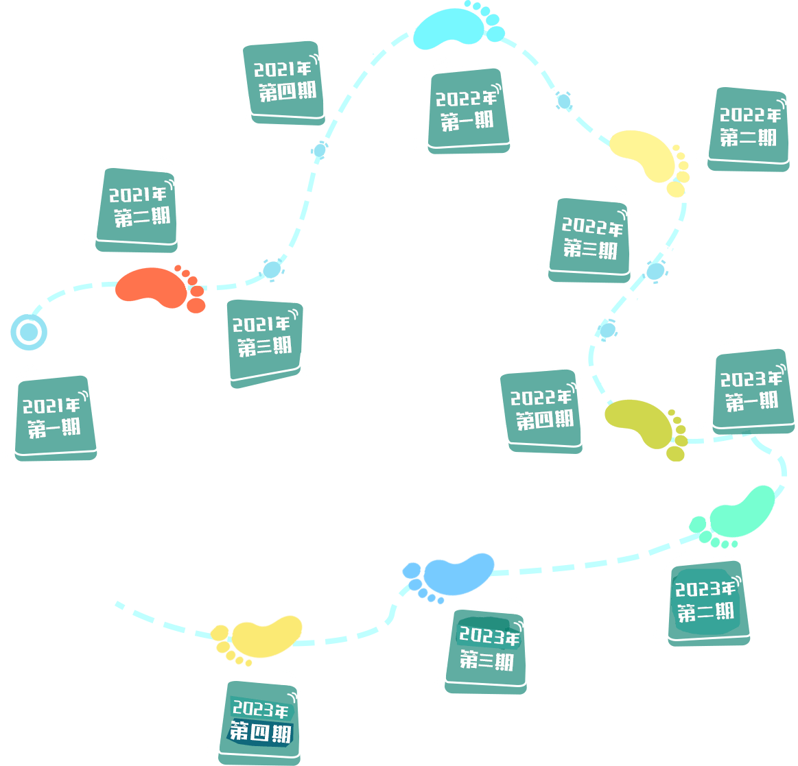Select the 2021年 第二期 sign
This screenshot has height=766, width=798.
[x=138, y=207]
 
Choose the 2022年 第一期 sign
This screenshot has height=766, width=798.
[x=467, y=108]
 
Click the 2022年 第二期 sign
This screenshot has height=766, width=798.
[x=749, y=128]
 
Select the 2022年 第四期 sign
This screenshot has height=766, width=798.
[x=541, y=409]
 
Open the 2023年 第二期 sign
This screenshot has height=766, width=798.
[x=707, y=601]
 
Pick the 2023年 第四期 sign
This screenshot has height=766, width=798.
[x=260, y=721]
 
